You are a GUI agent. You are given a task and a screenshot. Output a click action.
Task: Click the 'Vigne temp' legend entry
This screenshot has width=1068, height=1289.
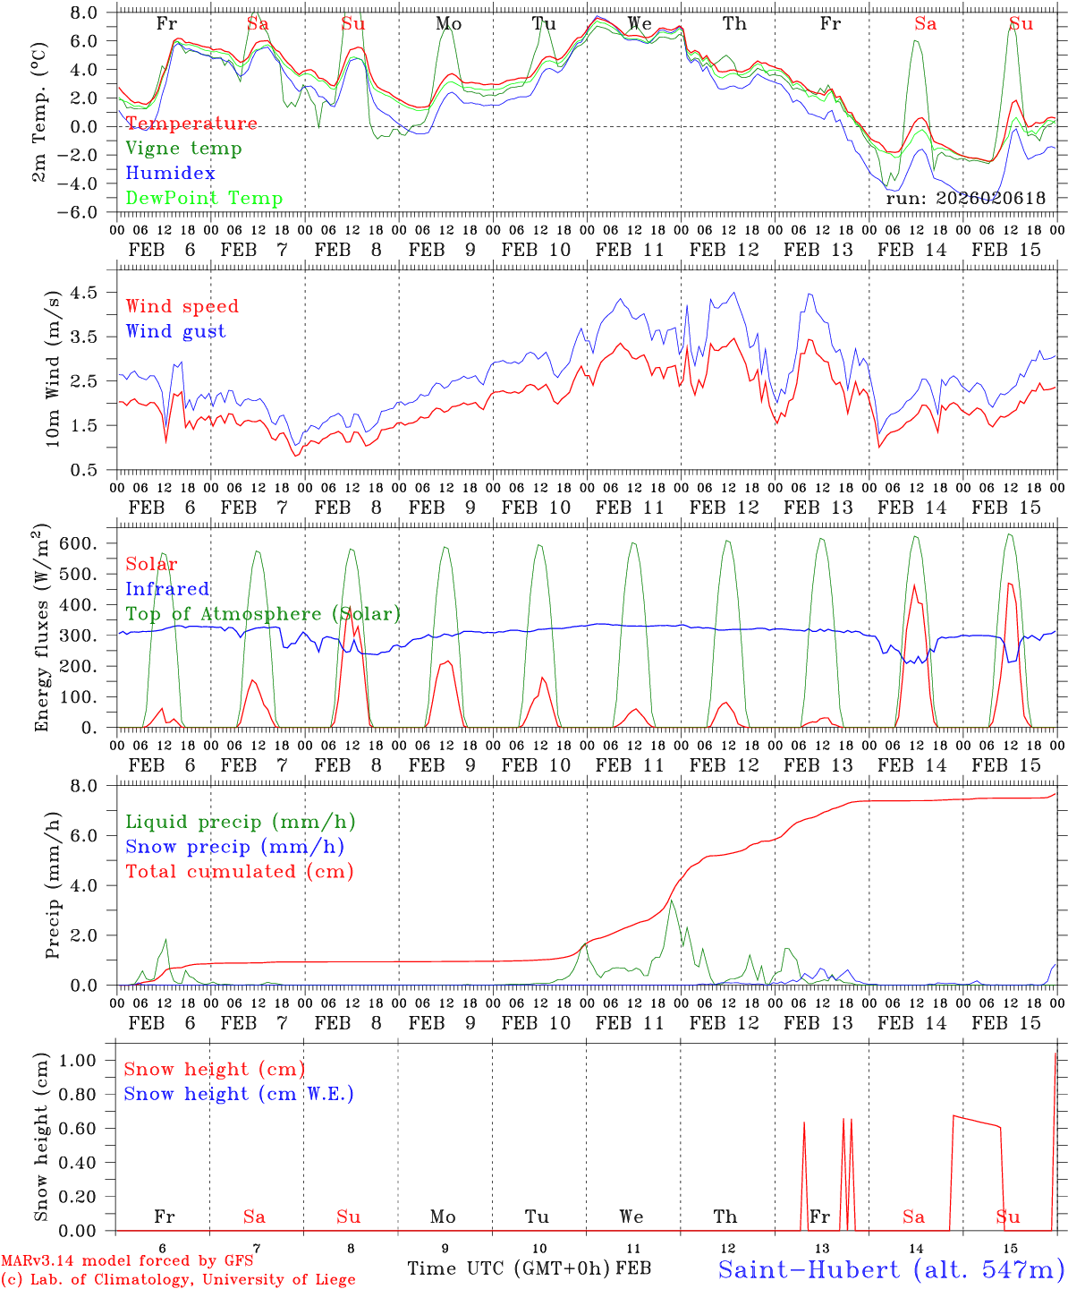183,149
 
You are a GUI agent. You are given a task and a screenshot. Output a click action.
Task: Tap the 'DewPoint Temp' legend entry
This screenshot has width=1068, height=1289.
204,199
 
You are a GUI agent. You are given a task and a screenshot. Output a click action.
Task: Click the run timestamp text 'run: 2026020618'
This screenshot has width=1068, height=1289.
965,199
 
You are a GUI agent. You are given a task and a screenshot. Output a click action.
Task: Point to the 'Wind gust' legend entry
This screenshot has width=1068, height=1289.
175,331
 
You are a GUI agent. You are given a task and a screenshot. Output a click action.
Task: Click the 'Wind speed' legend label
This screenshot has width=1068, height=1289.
182,306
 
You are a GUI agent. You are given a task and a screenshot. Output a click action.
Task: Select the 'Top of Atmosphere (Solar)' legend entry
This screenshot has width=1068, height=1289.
263,614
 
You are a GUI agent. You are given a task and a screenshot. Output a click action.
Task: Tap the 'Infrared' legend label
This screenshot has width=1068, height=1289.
167,589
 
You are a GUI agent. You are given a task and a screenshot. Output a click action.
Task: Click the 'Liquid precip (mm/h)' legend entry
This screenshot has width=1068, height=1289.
241,822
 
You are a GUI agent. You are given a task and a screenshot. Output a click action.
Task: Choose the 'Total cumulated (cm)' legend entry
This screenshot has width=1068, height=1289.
240,872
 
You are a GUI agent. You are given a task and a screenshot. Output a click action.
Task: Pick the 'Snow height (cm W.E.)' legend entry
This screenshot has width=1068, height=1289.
239,1094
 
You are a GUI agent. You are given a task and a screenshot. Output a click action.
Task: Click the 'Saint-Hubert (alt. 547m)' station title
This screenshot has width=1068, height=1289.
891,1269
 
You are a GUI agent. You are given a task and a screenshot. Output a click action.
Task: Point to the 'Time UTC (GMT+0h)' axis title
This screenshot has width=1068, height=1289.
509,1268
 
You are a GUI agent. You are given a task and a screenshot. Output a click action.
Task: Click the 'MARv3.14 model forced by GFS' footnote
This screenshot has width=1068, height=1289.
127,1260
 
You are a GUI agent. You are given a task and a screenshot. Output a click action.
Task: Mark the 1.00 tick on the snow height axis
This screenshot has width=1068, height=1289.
78,1061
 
